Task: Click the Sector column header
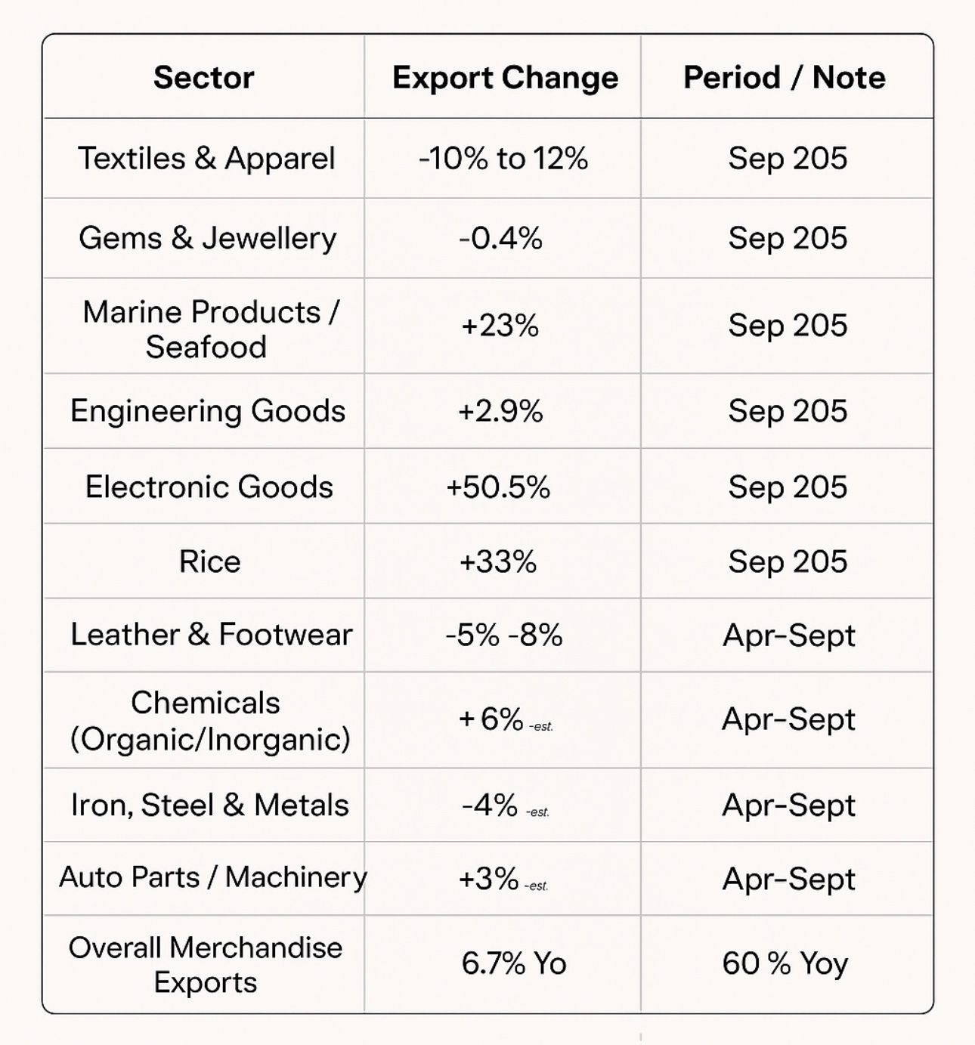point(203,78)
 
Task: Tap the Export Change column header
point(505,78)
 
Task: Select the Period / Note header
point(784,78)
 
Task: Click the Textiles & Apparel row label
point(206,159)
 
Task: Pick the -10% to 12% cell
point(503,159)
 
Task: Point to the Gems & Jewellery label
point(207,239)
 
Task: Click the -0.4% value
point(500,239)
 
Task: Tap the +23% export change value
point(500,326)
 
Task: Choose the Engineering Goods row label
point(208,412)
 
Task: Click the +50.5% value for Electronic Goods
point(498,487)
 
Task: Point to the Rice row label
point(209,562)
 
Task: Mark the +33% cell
point(498,562)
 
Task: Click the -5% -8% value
point(503,635)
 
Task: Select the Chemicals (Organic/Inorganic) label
point(209,721)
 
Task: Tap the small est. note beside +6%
point(542,727)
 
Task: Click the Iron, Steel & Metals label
point(209,805)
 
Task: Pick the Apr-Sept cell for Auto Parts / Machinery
point(788,880)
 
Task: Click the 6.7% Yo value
point(513,964)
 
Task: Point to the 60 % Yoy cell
point(785,964)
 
